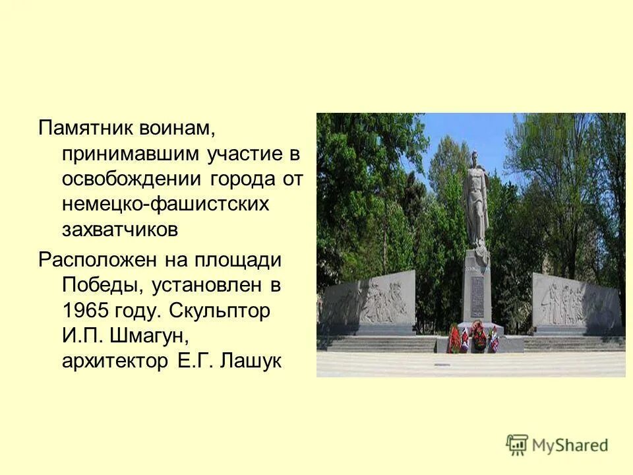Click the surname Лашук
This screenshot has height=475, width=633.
pos(254,362)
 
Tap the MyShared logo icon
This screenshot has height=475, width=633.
pos(518,445)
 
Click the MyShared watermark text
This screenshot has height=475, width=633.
pos(570,445)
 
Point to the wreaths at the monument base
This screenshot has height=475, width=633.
pos(472,336)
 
